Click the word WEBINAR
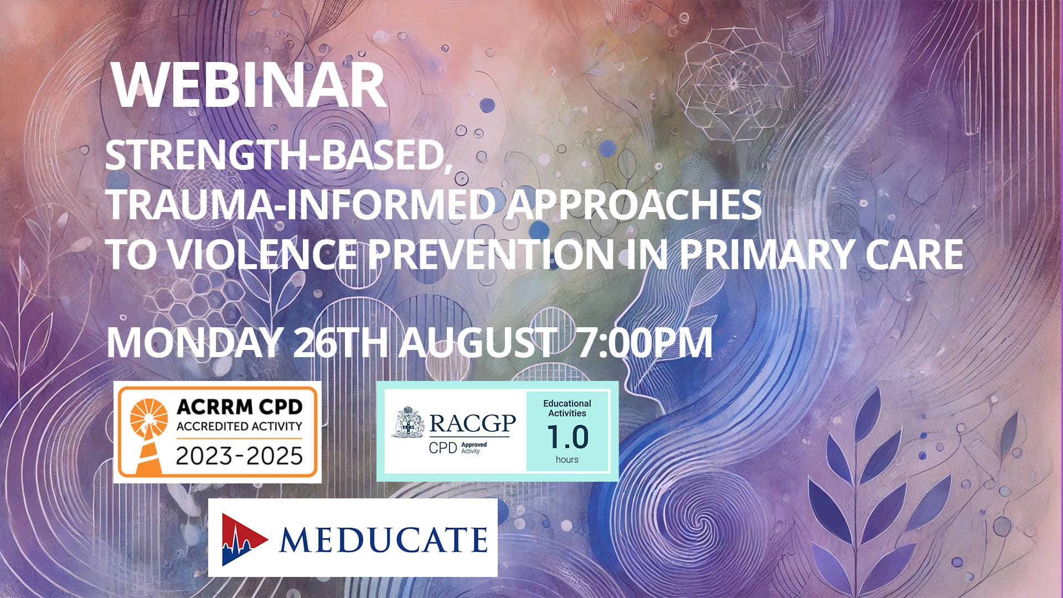coord(249,86)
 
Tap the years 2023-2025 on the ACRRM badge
coord(239,456)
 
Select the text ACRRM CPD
coord(239,407)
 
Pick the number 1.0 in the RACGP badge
coord(567,437)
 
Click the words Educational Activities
coord(567,408)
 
